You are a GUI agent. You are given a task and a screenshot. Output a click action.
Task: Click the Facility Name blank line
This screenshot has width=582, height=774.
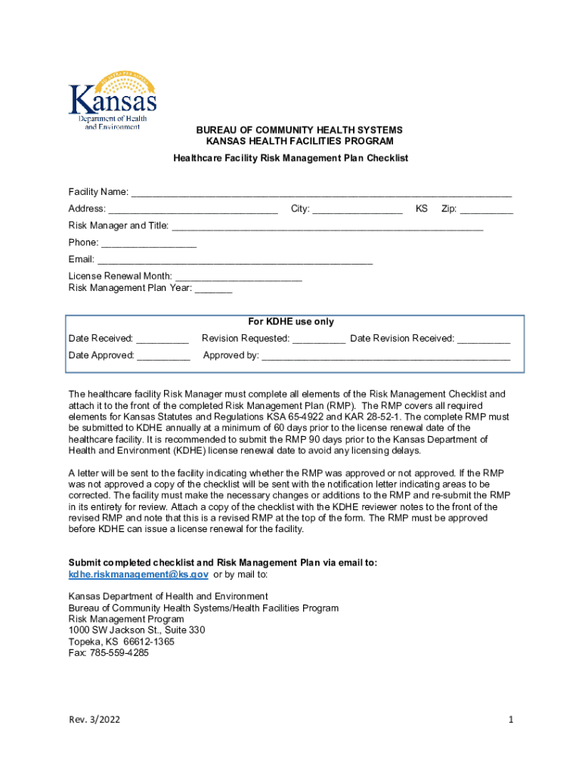pyautogui.click(x=321, y=192)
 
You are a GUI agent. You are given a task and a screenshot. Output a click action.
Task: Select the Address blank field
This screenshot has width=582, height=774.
pyautogui.click(x=193, y=209)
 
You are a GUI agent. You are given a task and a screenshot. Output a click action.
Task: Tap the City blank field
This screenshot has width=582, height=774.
pyautogui.click(x=358, y=209)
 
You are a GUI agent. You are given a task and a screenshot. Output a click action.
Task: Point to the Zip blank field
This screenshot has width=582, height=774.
pyautogui.click(x=487, y=209)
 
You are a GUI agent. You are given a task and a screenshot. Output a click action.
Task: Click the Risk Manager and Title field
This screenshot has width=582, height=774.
pyautogui.click(x=327, y=226)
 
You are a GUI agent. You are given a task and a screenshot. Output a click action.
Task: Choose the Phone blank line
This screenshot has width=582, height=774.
pyautogui.click(x=149, y=243)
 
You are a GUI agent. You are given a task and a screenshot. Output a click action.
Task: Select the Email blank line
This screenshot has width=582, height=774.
pyautogui.click(x=234, y=260)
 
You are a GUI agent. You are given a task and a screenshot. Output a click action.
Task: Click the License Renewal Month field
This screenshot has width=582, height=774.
pyautogui.click(x=238, y=277)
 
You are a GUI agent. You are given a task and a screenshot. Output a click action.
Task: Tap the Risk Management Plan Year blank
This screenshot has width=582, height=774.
pyautogui.click(x=213, y=288)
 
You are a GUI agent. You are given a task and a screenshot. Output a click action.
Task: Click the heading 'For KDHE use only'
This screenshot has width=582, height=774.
pyautogui.click(x=291, y=322)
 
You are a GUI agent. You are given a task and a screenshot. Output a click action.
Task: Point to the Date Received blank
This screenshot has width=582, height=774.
pyautogui.click(x=163, y=339)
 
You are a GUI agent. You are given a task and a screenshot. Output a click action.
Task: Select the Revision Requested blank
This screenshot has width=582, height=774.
pyautogui.click(x=319, y=339)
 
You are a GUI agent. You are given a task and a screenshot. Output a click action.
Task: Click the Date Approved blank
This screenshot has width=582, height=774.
pyautogui.click(x=163, y=355)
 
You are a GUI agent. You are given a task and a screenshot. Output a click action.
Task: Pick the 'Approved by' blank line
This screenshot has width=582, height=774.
pyautogui.click(x=385, y=355)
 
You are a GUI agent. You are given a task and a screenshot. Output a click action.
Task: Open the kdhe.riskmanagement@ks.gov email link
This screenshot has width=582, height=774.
pyautogui.click(x=138, y=574)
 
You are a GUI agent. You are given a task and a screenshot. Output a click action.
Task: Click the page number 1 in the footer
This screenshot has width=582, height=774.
pyautogui.click(x=511, y=720)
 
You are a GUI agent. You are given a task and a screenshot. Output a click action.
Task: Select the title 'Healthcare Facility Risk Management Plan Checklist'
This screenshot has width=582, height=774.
pyautogui.click(x=291, y=158)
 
